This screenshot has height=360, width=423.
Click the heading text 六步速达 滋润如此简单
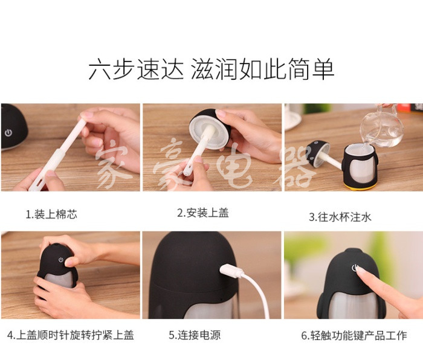[211, 69]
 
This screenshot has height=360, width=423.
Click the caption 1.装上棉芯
[51, 214]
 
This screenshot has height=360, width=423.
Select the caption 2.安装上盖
[203, 213]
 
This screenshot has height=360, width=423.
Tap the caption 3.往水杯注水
[340, 217]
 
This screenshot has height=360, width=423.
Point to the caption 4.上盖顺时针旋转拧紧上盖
[71, 335]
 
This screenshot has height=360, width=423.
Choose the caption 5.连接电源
[195, 335]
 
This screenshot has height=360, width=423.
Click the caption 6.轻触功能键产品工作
[354, 335]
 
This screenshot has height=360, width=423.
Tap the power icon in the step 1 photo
[8, 133]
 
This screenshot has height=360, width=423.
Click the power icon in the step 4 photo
[60, 260]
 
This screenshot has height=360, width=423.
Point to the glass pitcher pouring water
[381, 127]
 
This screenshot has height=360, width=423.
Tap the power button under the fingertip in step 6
[355, 268]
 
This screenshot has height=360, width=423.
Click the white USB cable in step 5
[257, 294]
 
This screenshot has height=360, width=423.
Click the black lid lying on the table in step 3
[317, 153]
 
